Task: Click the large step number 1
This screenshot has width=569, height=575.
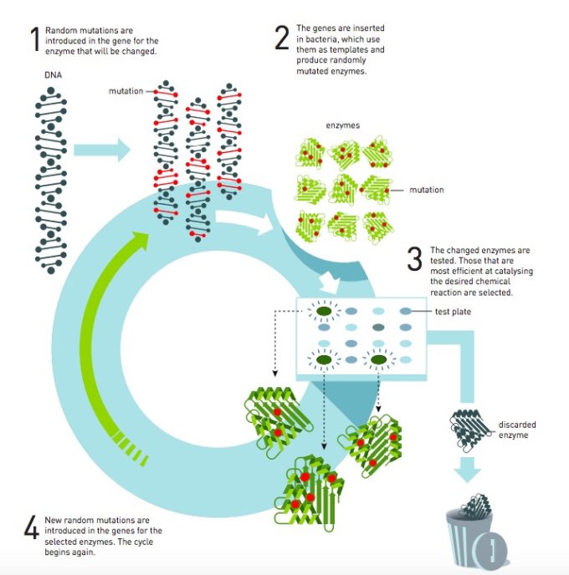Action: (x=34, y=39)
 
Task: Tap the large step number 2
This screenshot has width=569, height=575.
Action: (x=282, y=38)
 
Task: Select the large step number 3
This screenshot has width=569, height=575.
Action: (x=414, y=259)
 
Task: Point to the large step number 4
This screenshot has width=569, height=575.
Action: (x=31, y=530)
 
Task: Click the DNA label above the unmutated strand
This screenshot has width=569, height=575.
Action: (x=52, y=75)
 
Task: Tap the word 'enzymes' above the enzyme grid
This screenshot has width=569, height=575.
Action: (x=342, y=125)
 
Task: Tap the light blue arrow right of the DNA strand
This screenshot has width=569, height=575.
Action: (x=102, y=150)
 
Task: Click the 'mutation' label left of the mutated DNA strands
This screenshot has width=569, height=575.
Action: (x=126, y=91)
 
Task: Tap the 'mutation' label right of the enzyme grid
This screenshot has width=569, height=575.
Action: (x=427, y=190)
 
